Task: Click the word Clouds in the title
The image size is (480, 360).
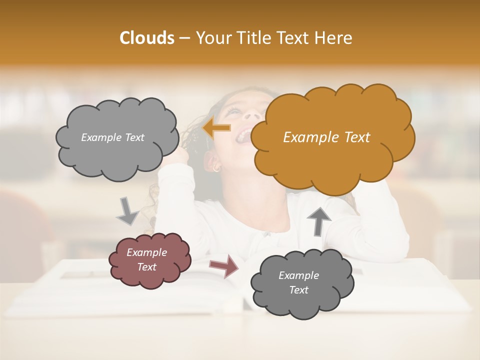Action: tap(147, 38)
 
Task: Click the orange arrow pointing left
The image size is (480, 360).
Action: tap(217, 128)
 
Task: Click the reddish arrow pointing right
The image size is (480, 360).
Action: tap(224, 265)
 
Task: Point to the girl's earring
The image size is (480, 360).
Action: tap(216, 168)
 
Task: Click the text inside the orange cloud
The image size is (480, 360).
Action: tap(326, 137)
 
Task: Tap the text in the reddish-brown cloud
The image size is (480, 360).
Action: tap(147, 260)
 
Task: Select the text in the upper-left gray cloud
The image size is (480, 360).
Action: tap(112, 137)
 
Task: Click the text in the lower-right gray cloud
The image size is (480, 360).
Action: tap(298, 282)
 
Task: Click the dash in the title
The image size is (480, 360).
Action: tap(184, 38)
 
